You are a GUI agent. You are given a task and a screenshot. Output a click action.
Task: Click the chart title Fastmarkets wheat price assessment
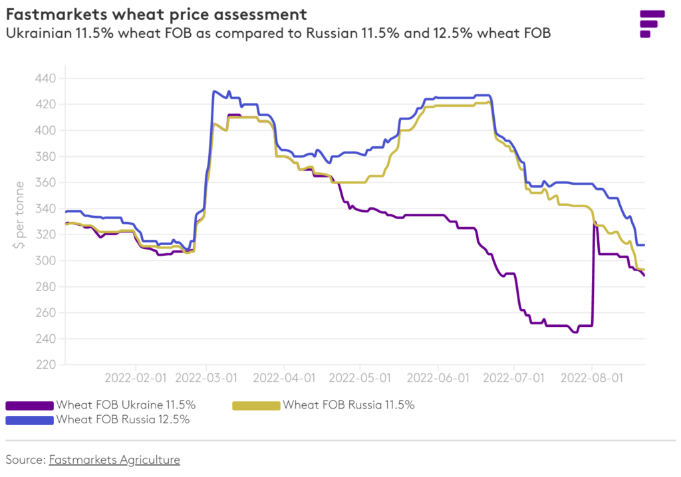tap(156, 14)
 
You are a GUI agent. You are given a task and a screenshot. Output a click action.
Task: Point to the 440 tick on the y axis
tap(46, 78)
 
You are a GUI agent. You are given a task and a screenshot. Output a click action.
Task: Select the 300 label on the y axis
tap(46, 260)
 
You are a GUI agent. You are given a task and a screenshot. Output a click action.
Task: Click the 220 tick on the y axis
tap(46, 365)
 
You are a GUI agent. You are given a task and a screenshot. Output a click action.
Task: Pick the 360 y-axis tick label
tap(46, 183)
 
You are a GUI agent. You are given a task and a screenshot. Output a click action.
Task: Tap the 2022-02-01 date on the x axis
tap(136, 378)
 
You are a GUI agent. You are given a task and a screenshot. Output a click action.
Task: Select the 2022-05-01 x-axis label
tap(360, 378)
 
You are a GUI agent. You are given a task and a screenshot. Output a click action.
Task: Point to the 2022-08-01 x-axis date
tap(592, 378)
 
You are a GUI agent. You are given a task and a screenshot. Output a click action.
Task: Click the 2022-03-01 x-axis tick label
tap(206, 378)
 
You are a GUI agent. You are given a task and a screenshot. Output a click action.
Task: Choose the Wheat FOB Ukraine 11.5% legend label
tap(126, 405)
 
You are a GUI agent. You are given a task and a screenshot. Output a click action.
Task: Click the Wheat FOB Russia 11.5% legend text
tap(348, 405)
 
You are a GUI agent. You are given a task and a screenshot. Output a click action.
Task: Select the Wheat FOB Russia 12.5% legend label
tap(123, 419)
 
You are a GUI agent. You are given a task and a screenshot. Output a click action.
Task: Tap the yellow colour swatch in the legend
tap(255, 405)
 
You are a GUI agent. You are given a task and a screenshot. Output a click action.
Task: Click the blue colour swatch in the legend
tap(29, 420)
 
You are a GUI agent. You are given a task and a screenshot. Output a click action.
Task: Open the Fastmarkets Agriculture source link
tap(114, 459)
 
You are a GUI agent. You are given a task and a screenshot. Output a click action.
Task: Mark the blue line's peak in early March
tap(214, 91)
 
